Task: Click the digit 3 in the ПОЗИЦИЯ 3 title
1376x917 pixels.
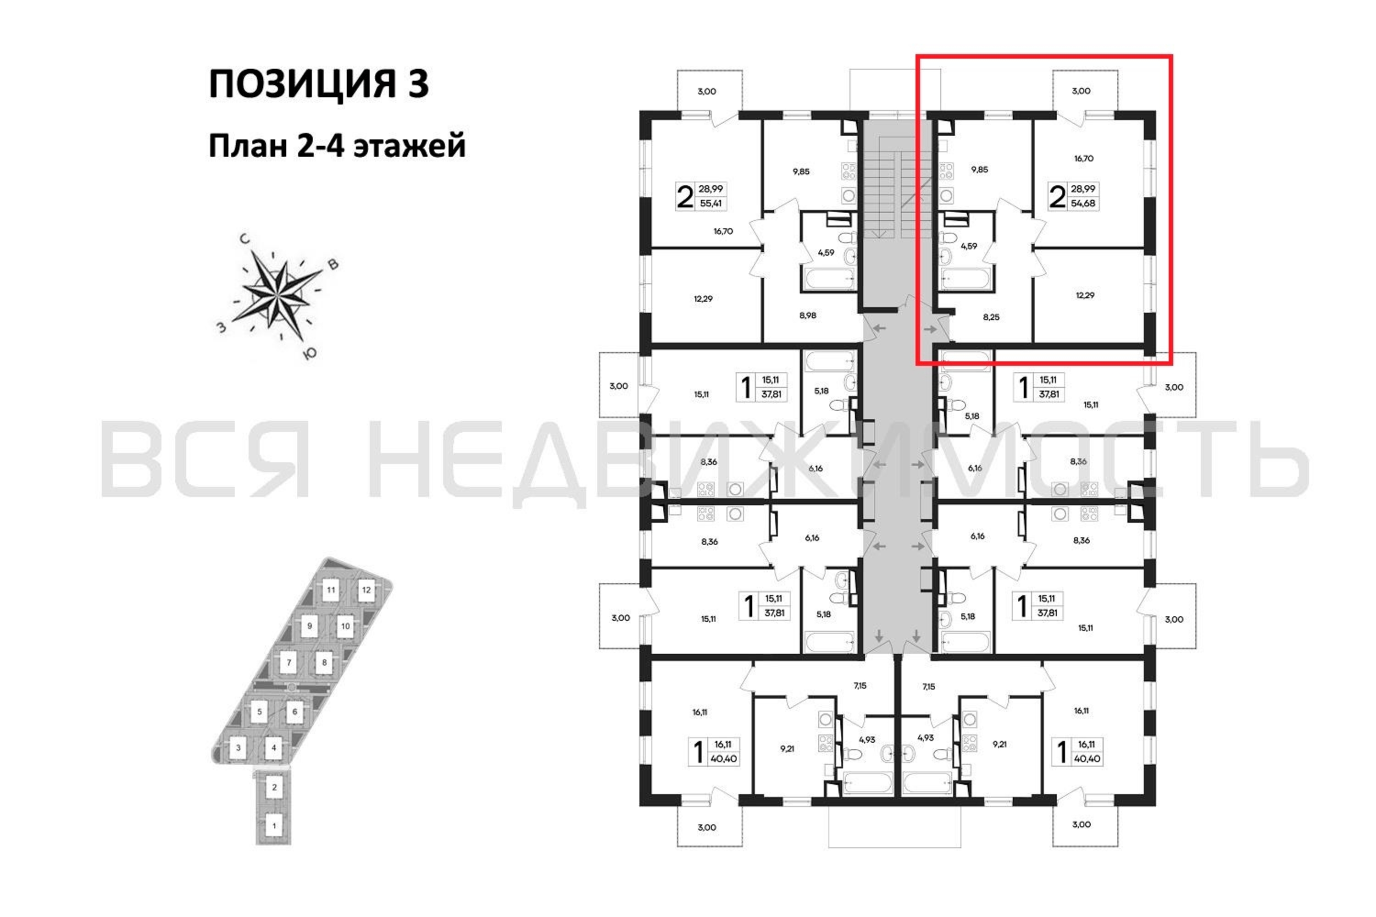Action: click(417, 83)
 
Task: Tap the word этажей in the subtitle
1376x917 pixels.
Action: click(410, 146)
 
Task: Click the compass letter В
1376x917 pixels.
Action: click(333, 265)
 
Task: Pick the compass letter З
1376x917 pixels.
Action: click(221, 327)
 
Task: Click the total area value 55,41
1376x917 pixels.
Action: click(710, 204)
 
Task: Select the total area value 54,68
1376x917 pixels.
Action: click(1083, 204)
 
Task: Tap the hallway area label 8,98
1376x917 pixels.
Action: click(807, 315)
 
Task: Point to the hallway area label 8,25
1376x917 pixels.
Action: click(991, 317)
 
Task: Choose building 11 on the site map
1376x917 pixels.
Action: click(331, 590)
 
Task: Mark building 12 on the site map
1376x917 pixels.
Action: click(366, 590)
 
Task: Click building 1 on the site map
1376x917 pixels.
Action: click(274, 826)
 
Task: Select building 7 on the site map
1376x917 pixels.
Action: click(289, 663)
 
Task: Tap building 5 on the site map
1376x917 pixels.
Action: click(259, 712)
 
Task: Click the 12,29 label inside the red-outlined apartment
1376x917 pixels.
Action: click(1085, 295)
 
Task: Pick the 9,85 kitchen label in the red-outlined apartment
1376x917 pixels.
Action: click(979, 170)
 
